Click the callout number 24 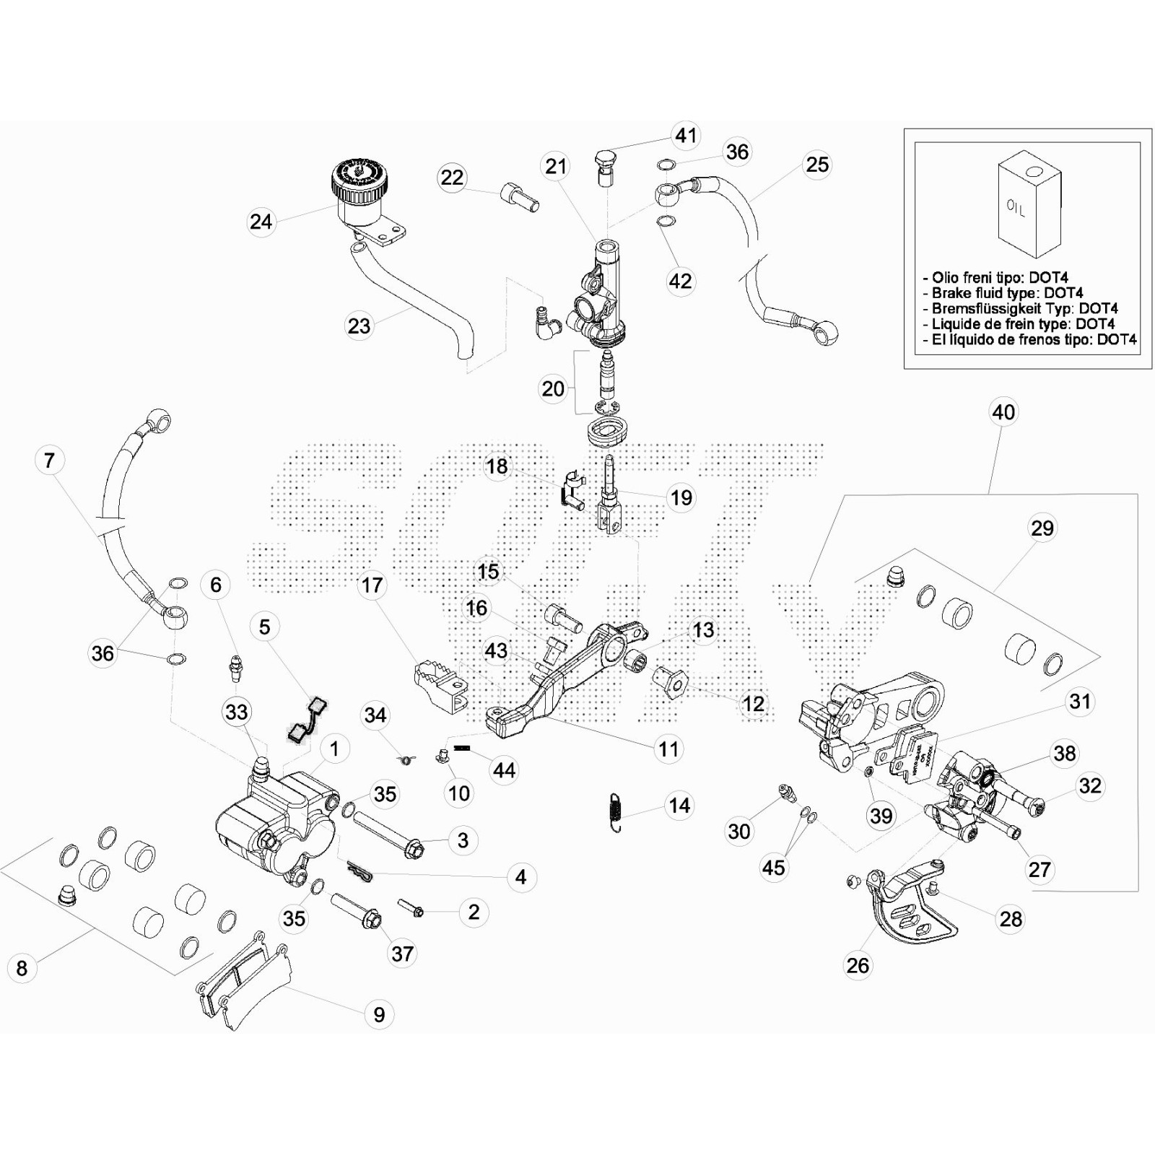coord(261,222)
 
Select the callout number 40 coord(1003,412)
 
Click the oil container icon coord(1029,204)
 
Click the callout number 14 coord(679,806)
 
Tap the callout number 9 coord(379,1014)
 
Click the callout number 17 coord(372,585)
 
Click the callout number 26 coord(858,965)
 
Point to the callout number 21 coord(556,166)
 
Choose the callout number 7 coord(49,460)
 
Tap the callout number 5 coord(265,627)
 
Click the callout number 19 coord(681,497)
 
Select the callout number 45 coord(773,867)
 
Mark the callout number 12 coord(753,703)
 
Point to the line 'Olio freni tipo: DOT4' coord(1000,278)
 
